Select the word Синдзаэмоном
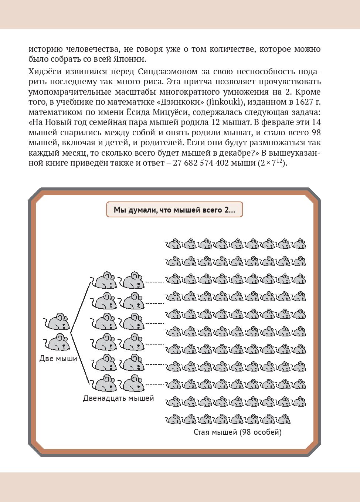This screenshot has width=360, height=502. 168,72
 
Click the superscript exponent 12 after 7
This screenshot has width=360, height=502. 279,161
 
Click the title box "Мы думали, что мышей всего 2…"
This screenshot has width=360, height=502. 174,210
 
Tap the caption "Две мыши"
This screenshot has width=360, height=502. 58,359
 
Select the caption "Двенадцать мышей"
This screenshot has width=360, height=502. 118,398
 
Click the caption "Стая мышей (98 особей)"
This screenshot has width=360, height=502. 237,432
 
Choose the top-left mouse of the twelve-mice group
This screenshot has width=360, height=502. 104,281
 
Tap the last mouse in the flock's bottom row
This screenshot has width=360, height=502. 283,419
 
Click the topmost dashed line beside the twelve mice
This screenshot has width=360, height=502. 155,282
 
